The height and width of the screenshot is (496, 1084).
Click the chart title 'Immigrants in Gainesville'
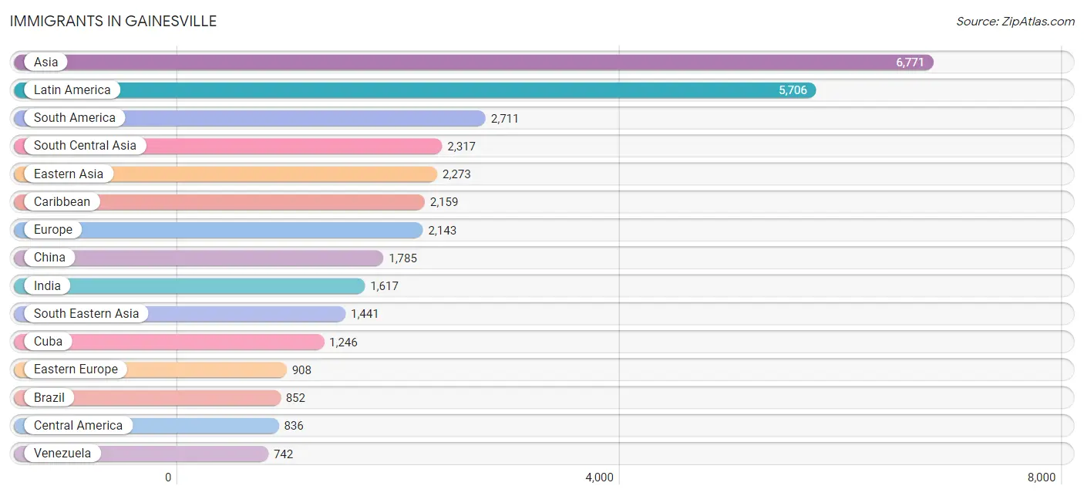113,21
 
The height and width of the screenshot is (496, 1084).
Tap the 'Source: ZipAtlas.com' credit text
1015,21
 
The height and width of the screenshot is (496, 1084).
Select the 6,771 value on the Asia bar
910,62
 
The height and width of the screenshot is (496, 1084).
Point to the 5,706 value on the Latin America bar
793,90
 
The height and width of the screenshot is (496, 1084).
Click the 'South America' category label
75,118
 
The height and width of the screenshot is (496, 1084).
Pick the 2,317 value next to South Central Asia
461,147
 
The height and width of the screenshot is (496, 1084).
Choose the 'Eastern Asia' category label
69,174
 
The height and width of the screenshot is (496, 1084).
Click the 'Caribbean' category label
62,201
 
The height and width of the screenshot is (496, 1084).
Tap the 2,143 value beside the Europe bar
443,230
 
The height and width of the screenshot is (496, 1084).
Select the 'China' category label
49,257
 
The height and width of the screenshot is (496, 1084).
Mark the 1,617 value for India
384,286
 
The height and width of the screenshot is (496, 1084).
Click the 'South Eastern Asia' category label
86,313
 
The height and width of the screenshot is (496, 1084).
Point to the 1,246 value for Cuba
343,342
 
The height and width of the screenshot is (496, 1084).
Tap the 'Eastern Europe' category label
76,369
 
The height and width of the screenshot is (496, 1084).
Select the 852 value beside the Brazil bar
295,398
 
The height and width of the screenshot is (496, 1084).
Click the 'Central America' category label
78,425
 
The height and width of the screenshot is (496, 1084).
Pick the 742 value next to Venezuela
283,454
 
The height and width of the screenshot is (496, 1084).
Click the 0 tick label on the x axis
168,477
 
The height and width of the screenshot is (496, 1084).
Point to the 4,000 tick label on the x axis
599,477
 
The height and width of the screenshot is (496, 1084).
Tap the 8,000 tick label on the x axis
1042,477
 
